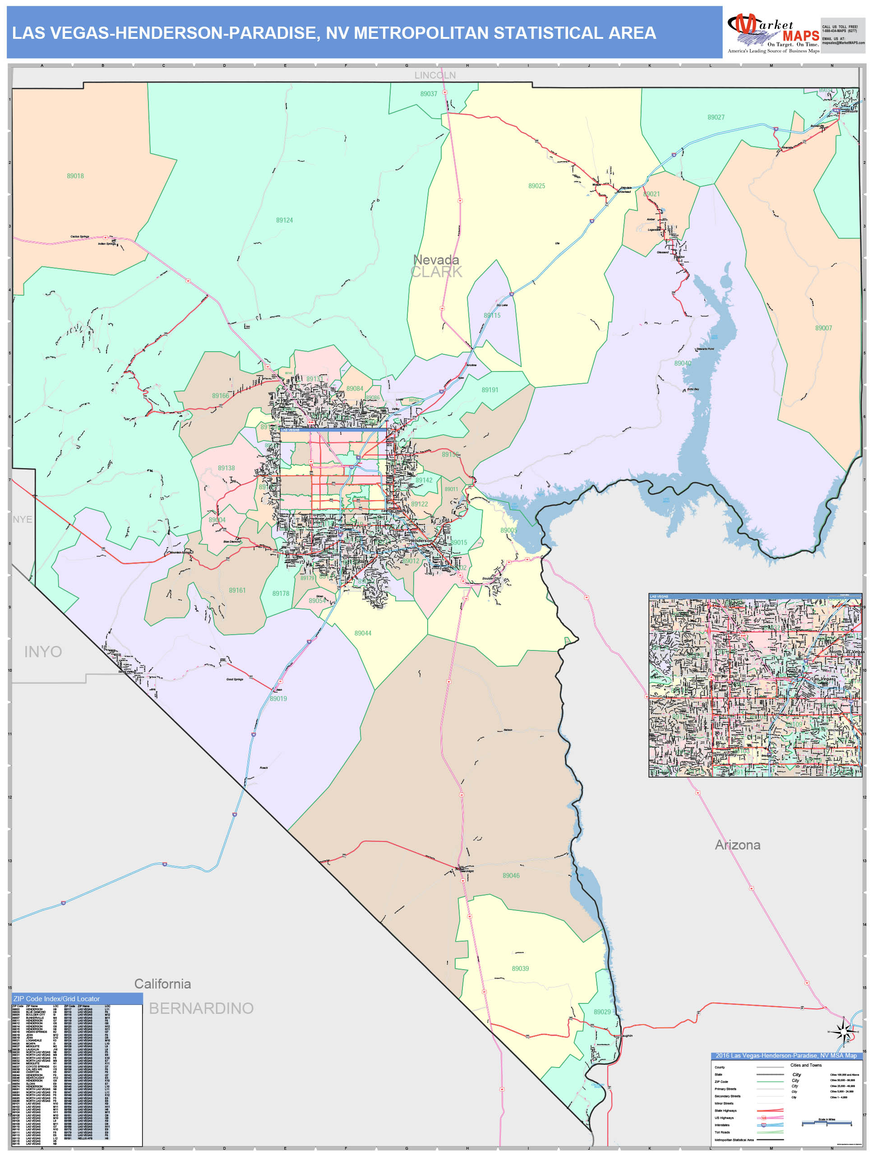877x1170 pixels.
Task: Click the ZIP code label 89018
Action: [75, 176]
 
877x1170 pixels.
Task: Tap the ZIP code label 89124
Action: [284, 220]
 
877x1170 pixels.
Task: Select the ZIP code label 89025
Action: [536, 186]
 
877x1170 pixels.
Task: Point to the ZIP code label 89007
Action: [823, 328]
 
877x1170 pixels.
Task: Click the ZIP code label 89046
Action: [511, 875]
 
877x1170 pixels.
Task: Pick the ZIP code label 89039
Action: [520, 969]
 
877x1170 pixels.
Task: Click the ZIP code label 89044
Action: [363, 633]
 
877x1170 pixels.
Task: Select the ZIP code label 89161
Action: [237, 590]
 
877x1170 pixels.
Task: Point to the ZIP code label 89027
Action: [716, 117]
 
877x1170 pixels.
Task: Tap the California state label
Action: [162, 984]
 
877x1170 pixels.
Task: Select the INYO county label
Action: [43, 652]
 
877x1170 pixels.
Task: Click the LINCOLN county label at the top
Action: [434, 75]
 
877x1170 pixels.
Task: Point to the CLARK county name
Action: [437, 272]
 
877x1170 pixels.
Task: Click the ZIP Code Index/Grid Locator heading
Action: [56, 998]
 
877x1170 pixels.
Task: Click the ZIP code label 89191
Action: [489, 390]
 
